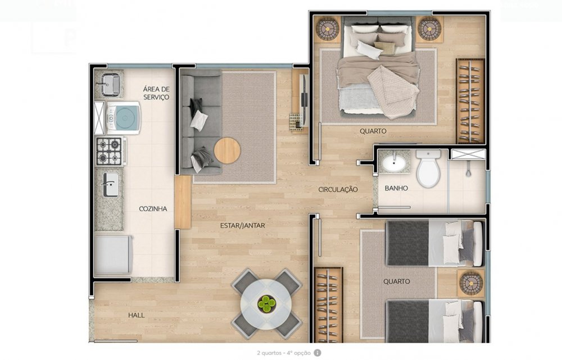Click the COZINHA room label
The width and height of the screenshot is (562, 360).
(x=153, y=209)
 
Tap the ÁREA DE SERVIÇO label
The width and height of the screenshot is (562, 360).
(x=156, y=93)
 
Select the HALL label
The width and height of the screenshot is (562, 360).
(x=137, y=315)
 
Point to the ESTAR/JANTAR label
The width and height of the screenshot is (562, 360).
(x=243, y=225)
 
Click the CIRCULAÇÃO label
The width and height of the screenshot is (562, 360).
(x=338, y=189)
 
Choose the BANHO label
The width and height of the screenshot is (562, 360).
(x=396, y=188)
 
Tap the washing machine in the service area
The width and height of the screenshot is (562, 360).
(x=123, y=118)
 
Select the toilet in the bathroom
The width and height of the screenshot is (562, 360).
(x=428, y=168)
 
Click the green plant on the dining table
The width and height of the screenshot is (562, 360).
(x=266, y=303)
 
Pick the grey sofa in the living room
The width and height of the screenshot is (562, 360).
(x=201, y=122)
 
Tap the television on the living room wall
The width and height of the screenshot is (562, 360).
(x=303, y=101)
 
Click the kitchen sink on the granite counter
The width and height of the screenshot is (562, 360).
(x=110, y=184)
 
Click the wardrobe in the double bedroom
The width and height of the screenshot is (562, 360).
(x=470, y=101)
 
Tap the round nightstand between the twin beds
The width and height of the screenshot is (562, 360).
(x=470, y=282)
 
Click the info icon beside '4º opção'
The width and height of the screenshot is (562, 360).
(x=318, y=353)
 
